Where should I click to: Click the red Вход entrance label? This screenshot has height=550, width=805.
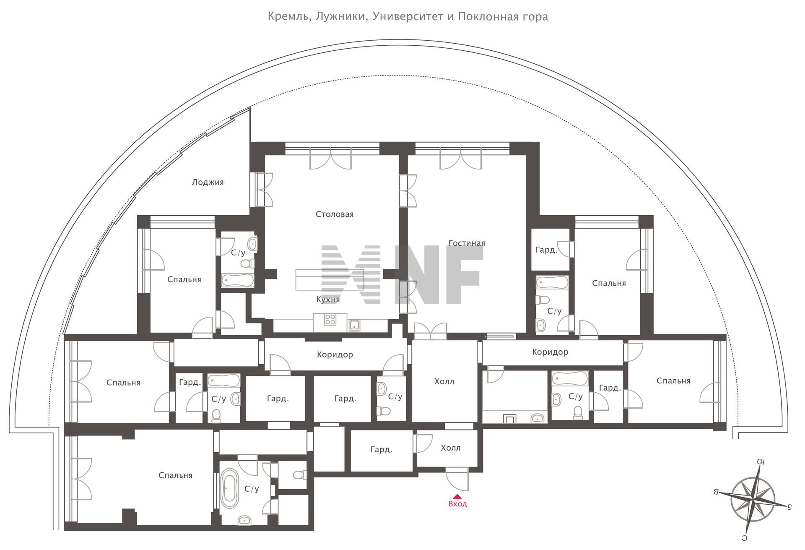(457, 504)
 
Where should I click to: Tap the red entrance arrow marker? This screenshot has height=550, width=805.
(457, 496)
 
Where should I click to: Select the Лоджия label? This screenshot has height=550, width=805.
(208, 182)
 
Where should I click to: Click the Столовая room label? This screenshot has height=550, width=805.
(334, 214)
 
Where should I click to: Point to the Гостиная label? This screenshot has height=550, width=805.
(467, 243)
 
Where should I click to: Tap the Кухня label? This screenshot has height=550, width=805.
(328, 300)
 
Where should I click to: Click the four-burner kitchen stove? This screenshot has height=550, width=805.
(330, 320)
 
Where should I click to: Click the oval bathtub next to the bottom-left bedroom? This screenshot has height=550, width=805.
(229, 488)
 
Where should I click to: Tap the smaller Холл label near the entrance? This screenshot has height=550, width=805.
(450, 448)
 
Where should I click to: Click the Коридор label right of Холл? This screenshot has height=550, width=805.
(550, 352)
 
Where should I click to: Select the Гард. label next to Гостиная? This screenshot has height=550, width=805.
(546, 250)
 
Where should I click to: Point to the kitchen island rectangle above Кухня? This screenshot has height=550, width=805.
(330, 279)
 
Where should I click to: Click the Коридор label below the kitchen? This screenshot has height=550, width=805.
(335, 355)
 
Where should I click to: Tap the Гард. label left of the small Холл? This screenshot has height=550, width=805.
(381, 450)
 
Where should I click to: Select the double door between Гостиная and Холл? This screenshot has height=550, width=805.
(430, 331)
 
